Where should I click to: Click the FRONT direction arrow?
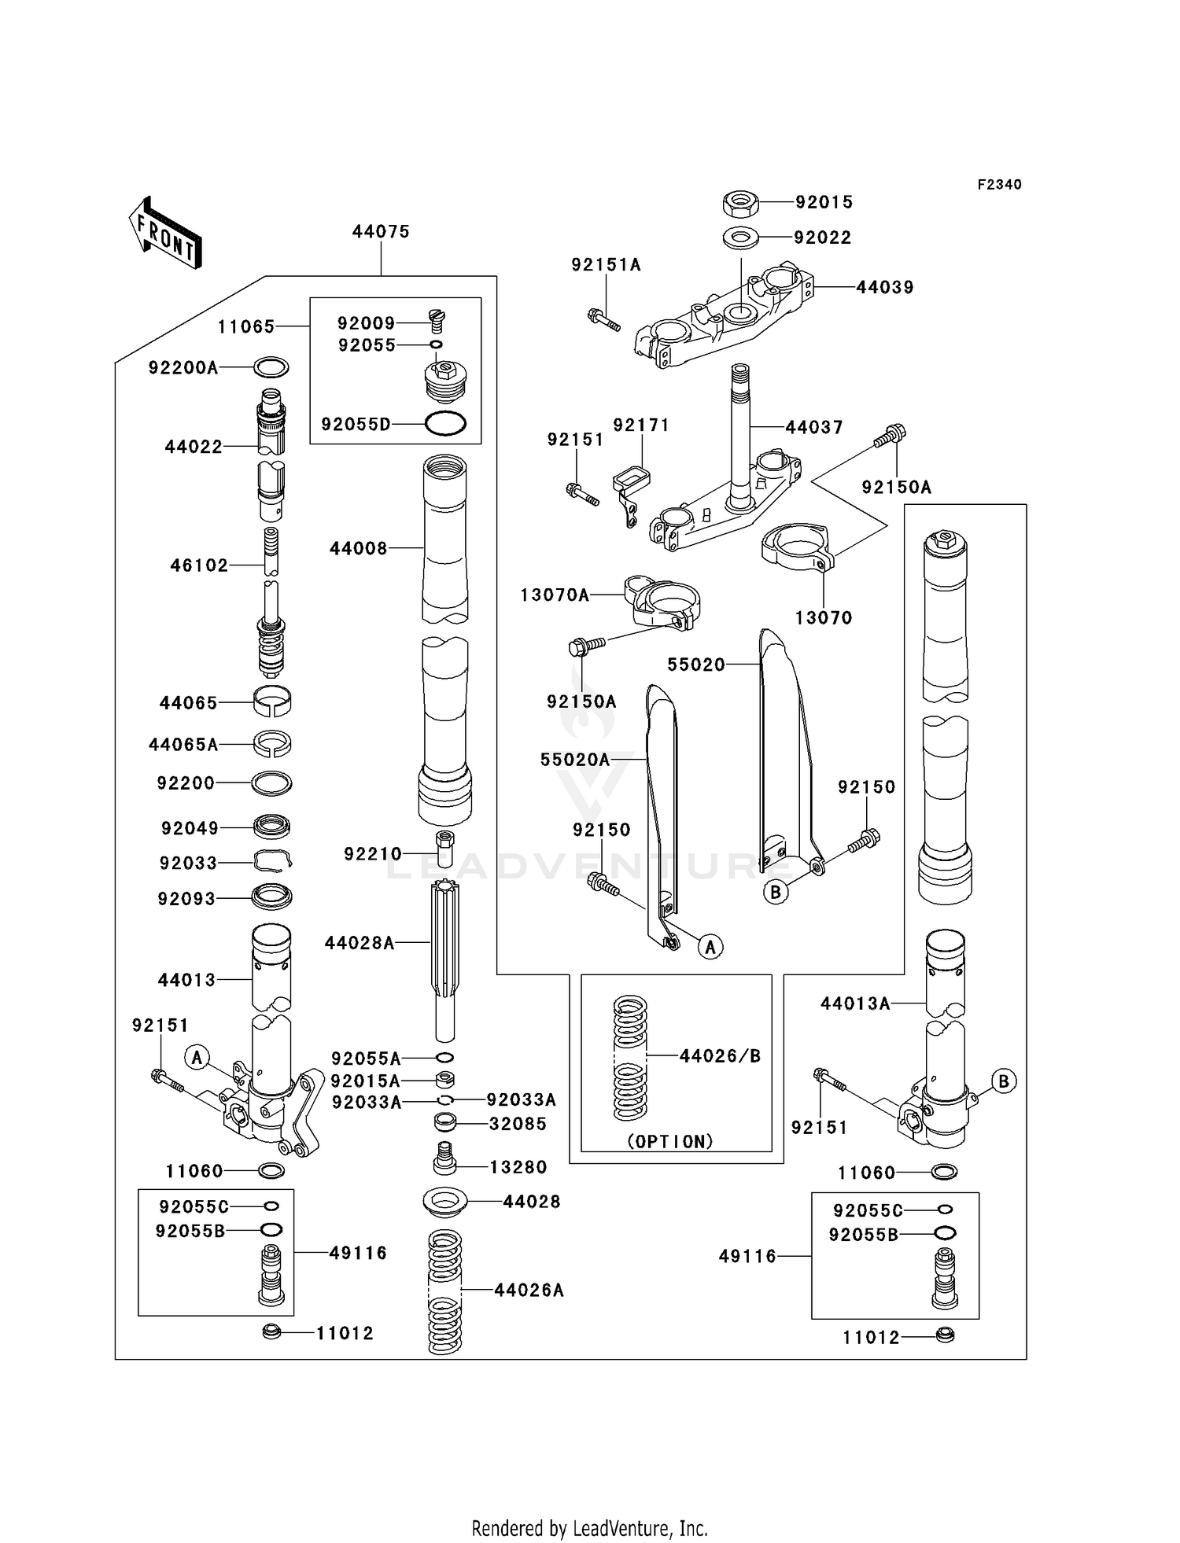pyautogui.click(x=165, y=233)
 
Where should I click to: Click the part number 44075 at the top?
pyautogui.click(x=381, y=232)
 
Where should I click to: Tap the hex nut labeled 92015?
pyautogui.click(x=739, y=204)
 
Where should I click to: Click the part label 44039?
pyautogui.click(x=885, y=288)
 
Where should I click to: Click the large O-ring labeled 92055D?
pyautogui.click(x=445, y=424)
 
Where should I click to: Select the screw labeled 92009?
pyautogui.click(x=437, y=318)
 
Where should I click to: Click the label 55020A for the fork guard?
pyautogui.click(x=575, y=760)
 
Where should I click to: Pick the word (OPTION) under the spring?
pyautogui.click(x=670, y=1141)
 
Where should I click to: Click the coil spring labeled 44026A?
pyautogui.click(x=444, y=1291)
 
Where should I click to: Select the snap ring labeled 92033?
pyautogui.click(x=272, y=863)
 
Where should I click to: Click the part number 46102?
pyautogui.click(x=199, y=565)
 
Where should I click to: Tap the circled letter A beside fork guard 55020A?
pyautogui.click(x=710, y=948)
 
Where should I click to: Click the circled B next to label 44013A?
pyautogui.click(x=1003, y=1081)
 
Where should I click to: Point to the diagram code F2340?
pyautogui.click(x=999, y=185)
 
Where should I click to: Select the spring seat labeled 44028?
pyautogui.click(x=445, y=1201)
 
